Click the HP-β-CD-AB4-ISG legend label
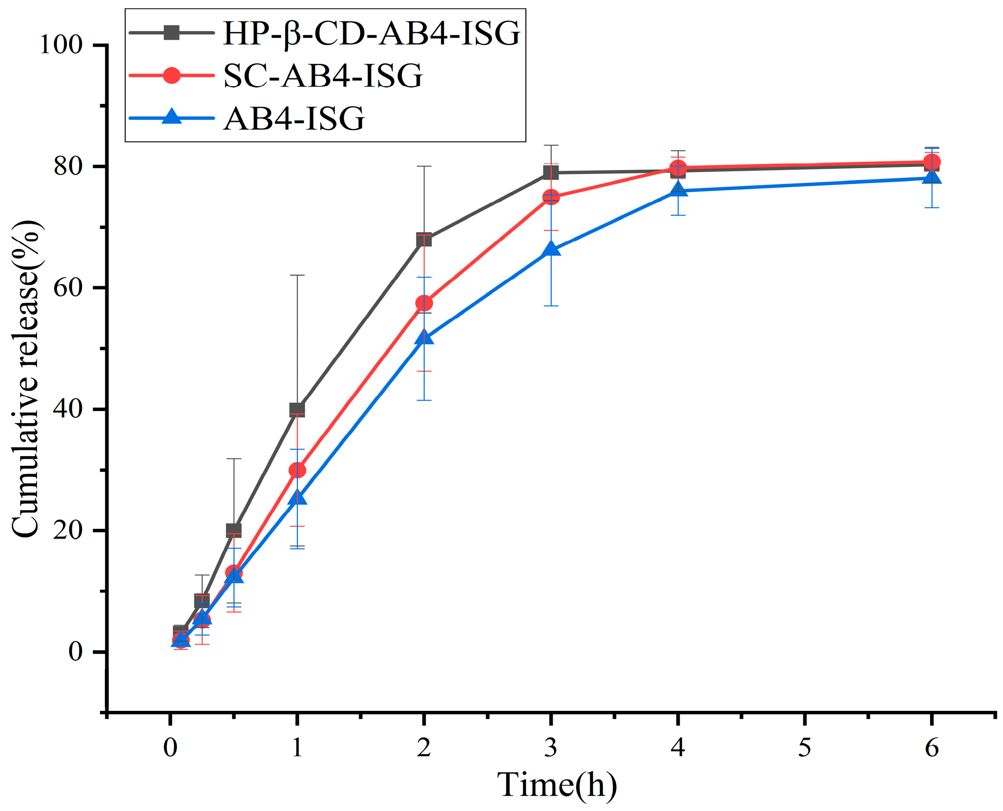pos(371,34)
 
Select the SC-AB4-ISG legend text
pos(323,76)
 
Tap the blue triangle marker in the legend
pos(171,117)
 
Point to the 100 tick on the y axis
pos(61,45)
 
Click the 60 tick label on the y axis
pos(68,288)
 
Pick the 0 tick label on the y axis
pos(75,652)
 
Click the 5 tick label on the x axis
pos(805,748)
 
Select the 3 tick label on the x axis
pos(550,748)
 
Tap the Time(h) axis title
pos(557,785)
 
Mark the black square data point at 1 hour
pos(297,410)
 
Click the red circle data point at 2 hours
pos(423,303)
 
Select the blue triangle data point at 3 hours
pos(551,249)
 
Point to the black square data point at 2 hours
pos(423,239)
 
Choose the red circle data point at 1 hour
pos(297,470)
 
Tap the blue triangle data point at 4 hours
pos(678,190)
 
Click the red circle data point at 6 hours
pos(931,162)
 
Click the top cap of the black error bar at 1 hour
pos(297,276)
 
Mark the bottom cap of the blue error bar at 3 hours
pos(551,306)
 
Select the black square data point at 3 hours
pos(551,173)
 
